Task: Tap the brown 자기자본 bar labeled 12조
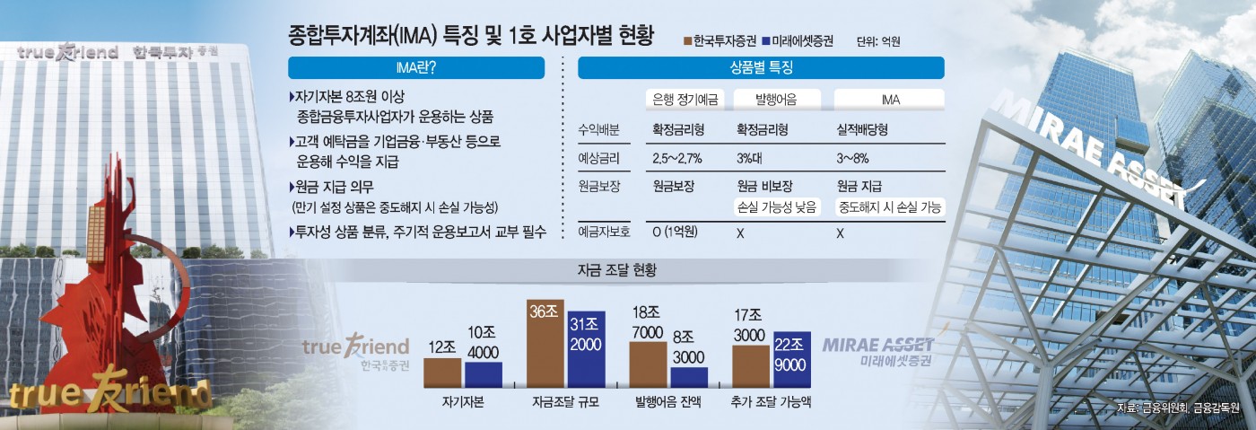pyautogui.click(x=442, y=373)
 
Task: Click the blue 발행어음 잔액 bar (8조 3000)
pyautogui.click(x=689, y=377)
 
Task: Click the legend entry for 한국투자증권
pyautogui.click(x=719, y=41)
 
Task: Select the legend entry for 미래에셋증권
pyautogui.click(x=796, y=41)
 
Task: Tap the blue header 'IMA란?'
pyautogui.click(x=416, y=68)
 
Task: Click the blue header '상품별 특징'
pyautogui.click(x=761, y=68)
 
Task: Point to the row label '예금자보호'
pyautogui.click(x=605, y=233)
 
